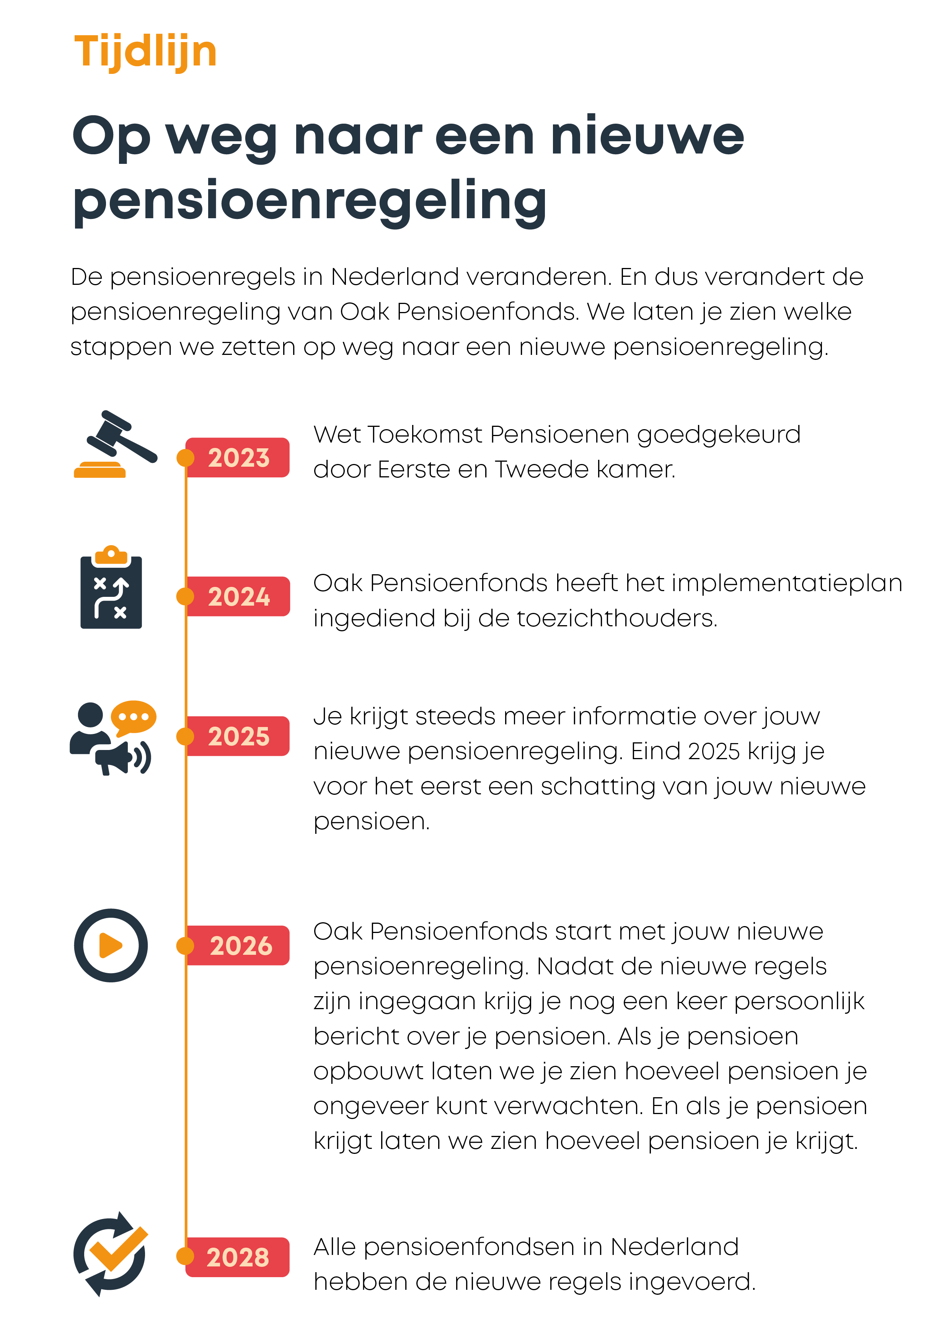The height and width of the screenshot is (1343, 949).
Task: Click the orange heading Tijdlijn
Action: point(145,53)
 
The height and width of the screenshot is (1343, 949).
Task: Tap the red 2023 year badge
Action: point(237,457)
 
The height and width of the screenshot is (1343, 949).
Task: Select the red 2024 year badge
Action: point(237,596)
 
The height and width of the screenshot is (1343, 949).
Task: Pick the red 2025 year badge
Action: point(237,736)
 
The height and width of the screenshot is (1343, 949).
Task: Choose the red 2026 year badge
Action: point(237,945)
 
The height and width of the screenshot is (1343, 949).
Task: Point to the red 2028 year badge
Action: point(237,1257)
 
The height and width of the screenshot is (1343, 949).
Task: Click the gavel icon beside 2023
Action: point(115,444)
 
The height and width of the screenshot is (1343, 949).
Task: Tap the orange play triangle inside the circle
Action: point(111,945)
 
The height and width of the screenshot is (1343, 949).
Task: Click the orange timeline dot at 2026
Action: point(185,945)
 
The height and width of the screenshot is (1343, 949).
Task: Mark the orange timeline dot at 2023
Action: point(185,457)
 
